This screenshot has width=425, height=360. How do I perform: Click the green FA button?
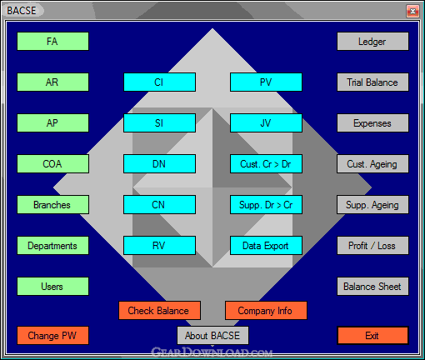click(52, 42)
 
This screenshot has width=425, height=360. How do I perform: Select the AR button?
click(52, 82)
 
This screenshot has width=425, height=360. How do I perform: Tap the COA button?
click(52, 164)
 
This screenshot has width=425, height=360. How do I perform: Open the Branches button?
click(52, 205)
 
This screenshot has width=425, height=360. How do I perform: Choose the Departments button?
click(52, 246)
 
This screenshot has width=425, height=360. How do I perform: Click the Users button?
click(52, 287)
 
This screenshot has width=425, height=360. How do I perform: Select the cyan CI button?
click(159, 82)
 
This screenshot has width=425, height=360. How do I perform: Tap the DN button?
click(159, 164)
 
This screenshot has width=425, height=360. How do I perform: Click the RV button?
click(159, 246)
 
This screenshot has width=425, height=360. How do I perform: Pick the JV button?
click(266, 123)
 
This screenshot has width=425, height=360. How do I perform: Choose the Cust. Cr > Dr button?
click(266, 164)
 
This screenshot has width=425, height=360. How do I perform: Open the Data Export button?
click(266, 246)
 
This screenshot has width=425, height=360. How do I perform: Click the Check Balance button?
click(159, 311)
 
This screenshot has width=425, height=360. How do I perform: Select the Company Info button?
click(266, 311)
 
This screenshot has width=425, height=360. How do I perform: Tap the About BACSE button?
click(212, 336)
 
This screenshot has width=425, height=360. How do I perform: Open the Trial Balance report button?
click(372, 82)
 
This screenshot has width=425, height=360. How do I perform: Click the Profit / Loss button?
click(372, 246)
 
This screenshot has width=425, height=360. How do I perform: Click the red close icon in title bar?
click(412, 11)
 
